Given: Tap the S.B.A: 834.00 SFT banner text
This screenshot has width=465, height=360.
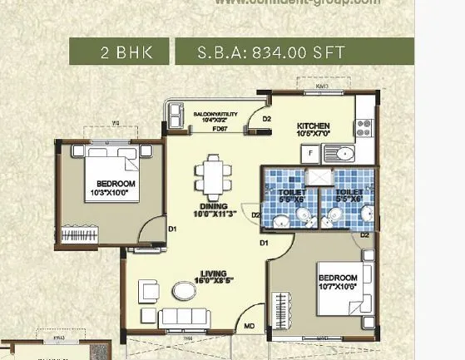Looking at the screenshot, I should tap(260, 52).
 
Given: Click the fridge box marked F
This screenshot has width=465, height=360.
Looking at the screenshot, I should tap(309, 154).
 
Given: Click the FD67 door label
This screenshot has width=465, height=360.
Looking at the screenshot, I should tap(220, 130).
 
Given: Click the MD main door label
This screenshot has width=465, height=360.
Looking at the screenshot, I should tap(249, 327).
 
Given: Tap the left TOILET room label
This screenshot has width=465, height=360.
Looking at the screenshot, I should tap(294, 196).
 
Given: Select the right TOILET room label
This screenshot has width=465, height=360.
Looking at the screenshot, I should tap(348, 196).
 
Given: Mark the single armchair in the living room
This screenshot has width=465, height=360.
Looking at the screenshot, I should tap(149, 291).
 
